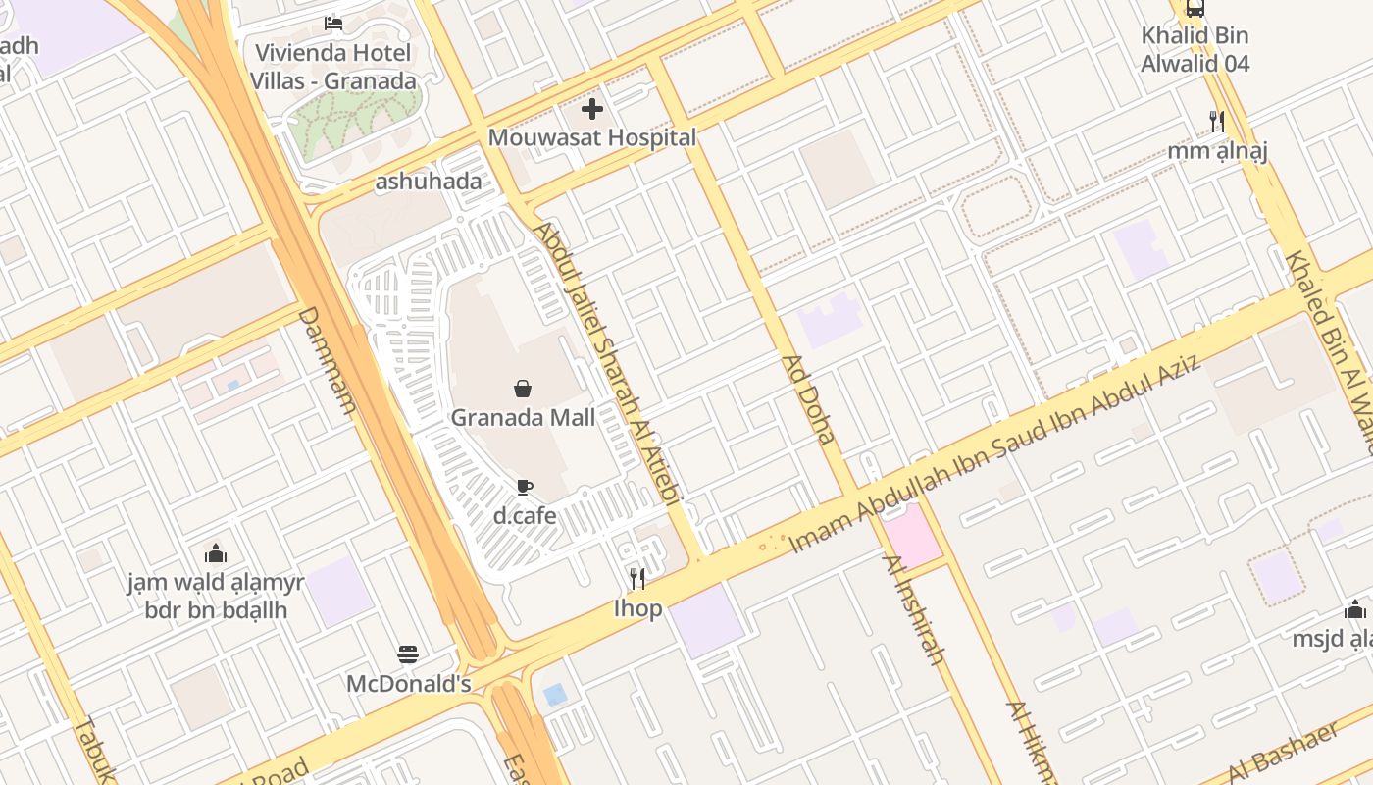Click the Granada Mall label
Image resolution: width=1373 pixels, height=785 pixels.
pyautogui.click(x=523, y=418)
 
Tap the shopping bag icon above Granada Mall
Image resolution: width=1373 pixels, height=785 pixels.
pyautogui.click(x=523, y=390)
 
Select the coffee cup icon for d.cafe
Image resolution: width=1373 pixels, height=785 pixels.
pyautogui.click(x=525, y=487)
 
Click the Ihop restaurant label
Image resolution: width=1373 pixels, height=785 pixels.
pyautogui.click(x=638, y=608)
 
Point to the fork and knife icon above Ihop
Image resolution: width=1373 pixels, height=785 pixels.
pyautogui.click(x=637, y=579)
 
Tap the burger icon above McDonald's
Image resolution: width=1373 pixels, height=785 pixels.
pyautogui.click(x=408, y=654)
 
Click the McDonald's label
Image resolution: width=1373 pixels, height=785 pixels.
pyautogui.click(x=409, y=684)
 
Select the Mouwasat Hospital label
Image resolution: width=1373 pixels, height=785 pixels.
pyautogui.click(x=592, y=137)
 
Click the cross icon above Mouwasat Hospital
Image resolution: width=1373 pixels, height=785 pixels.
pyautogui.click(x=592, y=109)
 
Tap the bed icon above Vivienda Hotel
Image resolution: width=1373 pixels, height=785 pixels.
pyautogui.click(x=333, y=23)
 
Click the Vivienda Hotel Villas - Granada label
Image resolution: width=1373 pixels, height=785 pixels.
pyautogui.click(x=333, y=67)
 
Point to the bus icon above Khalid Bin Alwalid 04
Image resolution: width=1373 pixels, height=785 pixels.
pyautogui.click(x=1195, y=8)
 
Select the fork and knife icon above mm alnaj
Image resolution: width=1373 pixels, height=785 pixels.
pyautogui.click(x=1217, y=122)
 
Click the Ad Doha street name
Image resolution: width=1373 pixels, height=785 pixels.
pyautogui.click(x=809, y=399)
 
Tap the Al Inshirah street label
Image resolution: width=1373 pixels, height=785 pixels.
pyautogui.click(x=914, y=609)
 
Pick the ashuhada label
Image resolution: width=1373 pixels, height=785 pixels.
pyautogui.click(x=429, y=182)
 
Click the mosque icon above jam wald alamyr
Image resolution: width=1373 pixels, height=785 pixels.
pyautogui.click(x=216, y=553)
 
